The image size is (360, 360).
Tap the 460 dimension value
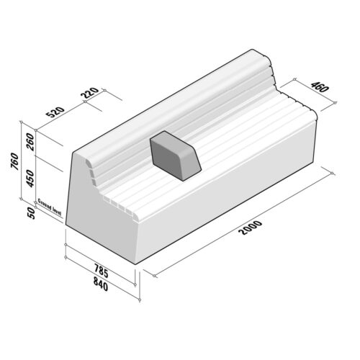point(319,90)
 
